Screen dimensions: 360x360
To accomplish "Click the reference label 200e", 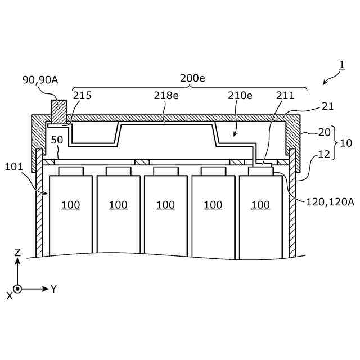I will click(192, 78).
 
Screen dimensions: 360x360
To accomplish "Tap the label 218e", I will click(166, 96).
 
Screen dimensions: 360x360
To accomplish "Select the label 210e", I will click(240, 96).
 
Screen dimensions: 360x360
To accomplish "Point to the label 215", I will click(82, 96).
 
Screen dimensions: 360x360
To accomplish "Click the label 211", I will click(285, 96).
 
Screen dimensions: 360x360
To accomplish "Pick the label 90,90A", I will click(40, 80).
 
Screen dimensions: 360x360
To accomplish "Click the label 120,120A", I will click(330, 201).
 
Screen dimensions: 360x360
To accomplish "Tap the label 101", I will click(13, 166).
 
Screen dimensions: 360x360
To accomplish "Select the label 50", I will click(56, 139).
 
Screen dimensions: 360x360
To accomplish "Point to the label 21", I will click(327, 106).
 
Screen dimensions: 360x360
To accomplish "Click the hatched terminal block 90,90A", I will click(58, 111).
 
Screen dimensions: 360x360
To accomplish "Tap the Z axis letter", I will click(17, 253).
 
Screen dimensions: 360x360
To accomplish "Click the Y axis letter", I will click(53, 289).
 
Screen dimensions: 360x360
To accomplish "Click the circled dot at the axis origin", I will click(17, 289).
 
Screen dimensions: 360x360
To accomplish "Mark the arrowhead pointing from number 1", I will click(326, 83).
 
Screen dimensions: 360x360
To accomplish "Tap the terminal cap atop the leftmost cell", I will click(70, 170).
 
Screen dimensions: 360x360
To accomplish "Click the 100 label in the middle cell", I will click(165, 205).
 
